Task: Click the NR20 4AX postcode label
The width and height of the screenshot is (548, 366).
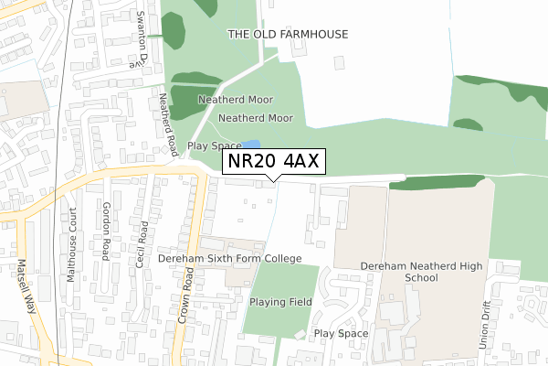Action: tap(273, 162)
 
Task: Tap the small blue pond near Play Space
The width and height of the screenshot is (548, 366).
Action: tap(251, 145)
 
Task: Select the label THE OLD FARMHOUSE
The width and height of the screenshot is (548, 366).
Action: tap(288, 34)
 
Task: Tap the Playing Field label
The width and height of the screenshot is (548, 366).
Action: tap(280, 301)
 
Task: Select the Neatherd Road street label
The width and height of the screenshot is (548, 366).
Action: tap(166, 123)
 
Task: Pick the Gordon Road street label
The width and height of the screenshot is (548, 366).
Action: tap(107, 230)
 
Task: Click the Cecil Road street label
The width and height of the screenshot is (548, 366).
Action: tap(142, 242)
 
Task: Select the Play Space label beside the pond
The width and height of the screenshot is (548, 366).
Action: tap(215, 145)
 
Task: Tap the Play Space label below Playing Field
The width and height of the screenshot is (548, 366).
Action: tap(342, 334)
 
